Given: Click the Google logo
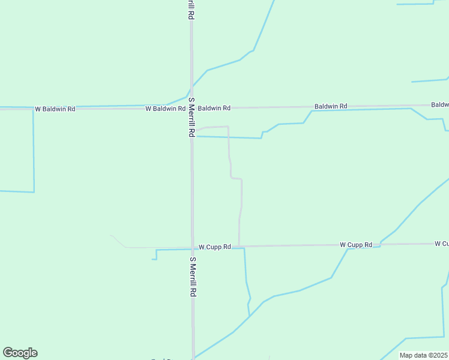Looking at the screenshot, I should [20, 353].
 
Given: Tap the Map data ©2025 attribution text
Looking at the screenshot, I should [423, 355].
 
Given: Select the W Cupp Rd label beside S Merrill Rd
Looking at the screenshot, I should [215, 247].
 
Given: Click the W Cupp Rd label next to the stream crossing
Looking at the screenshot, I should [356, 245].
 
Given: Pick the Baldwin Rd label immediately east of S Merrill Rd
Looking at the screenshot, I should [214, 108].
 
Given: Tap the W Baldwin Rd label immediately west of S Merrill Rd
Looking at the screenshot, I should [165, 109].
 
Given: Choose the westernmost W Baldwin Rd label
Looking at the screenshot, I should [55, 109].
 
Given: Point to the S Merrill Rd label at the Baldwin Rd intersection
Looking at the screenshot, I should [192, 117].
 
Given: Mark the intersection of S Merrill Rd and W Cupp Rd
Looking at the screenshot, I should [192, 247].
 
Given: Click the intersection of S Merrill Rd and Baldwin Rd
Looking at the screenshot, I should [191, 108].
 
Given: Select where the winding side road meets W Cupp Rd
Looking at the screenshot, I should [239, 246].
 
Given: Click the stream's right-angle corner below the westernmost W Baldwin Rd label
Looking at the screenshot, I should [34, 192].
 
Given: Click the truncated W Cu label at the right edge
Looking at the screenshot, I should [442, 244].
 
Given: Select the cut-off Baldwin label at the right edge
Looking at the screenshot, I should [440, 104].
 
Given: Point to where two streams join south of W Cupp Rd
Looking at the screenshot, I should [249, 316].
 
